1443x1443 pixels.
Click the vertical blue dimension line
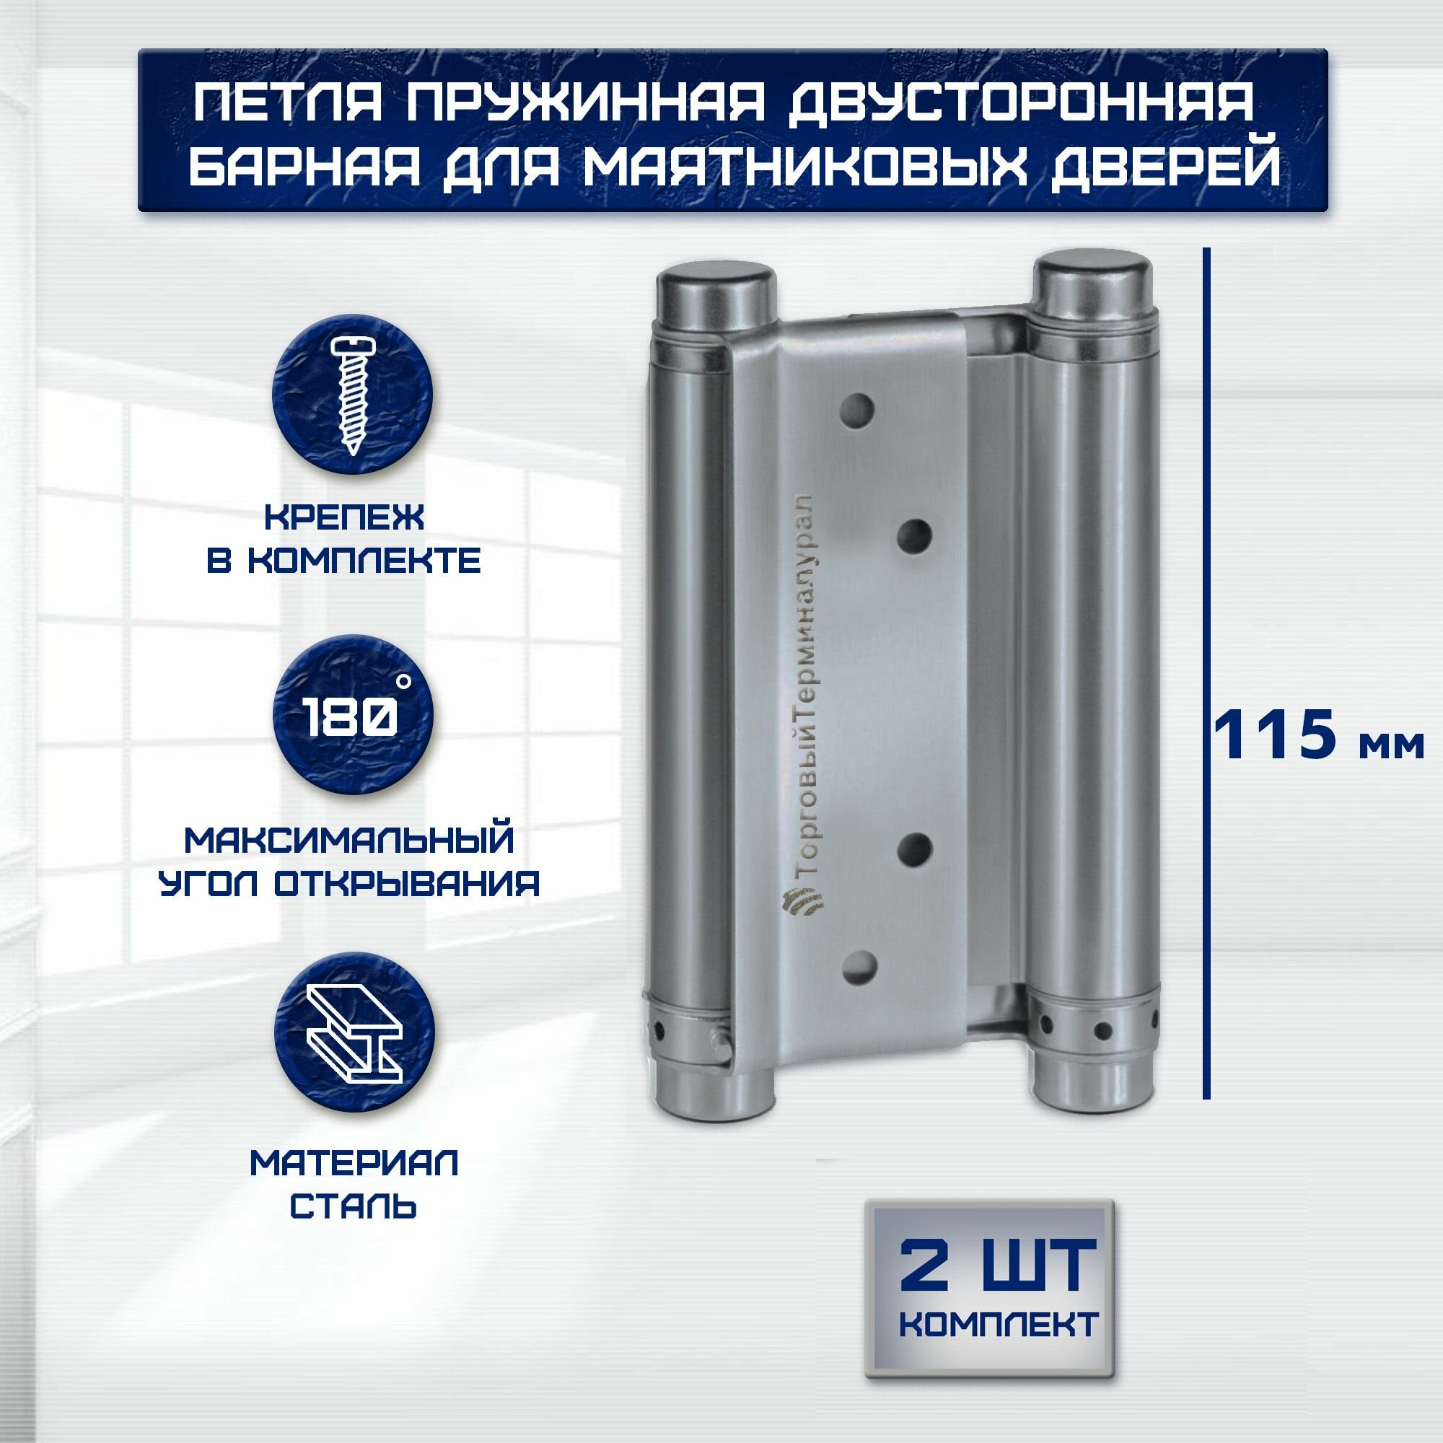pos(1206,672)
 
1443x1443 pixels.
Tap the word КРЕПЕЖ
pos(344,517)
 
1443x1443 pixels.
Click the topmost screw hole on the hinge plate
pos(861,409)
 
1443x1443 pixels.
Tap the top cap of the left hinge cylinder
pos(715,289)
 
